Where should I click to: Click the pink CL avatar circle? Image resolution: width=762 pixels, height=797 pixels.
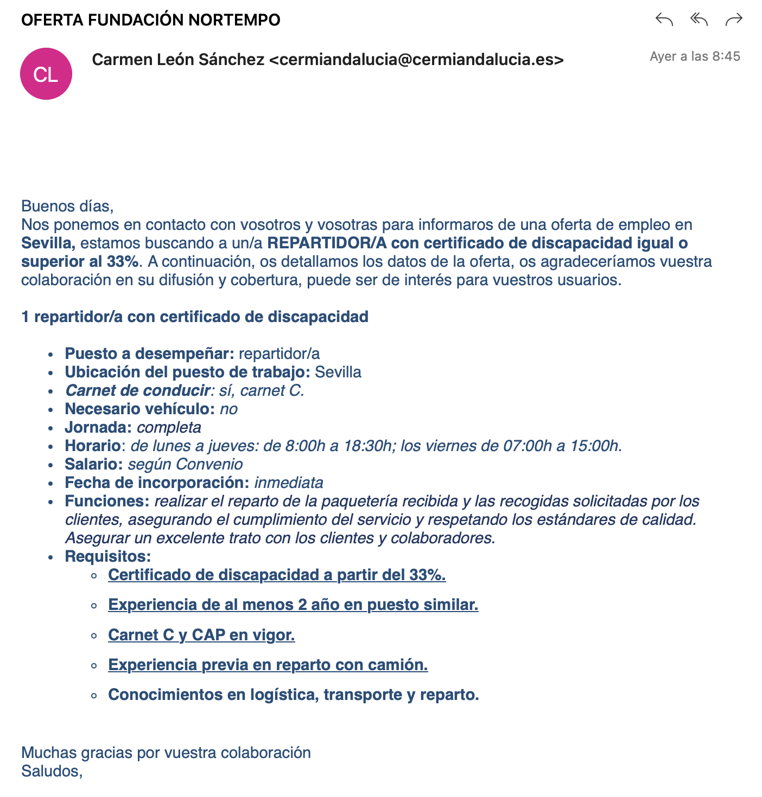point(46,74)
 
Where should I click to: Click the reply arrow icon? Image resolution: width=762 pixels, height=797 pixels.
point(664,20)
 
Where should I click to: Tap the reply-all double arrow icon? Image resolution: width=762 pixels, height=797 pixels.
point(699,20)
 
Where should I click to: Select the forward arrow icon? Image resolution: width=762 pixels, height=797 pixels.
point(734,20)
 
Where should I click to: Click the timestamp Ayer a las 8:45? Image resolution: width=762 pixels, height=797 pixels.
point(695,56)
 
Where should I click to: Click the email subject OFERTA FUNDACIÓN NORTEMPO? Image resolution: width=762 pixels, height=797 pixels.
point(151,20)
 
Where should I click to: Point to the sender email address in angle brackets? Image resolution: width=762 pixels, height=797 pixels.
point(416,60)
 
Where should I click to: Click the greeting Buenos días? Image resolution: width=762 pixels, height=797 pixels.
point(67,206)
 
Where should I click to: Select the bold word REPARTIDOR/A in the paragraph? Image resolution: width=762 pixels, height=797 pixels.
point(327,243)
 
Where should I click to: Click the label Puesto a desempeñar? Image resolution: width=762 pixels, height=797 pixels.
point(149,353)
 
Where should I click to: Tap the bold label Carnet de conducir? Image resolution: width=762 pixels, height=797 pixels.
point(138,390)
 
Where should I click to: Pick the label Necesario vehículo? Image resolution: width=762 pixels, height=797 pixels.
point(139,409)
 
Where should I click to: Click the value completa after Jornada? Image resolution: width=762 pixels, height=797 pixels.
point(169,427)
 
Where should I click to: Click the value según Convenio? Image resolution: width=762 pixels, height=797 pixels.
point(185,464)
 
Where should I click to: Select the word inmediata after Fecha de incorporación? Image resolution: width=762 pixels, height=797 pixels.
point(289,483)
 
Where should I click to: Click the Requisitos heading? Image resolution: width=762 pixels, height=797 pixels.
point(107,556)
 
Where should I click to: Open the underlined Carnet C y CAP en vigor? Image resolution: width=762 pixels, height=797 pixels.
point(201,635)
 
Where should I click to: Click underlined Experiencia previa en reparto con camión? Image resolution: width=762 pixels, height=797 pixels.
point(268,665)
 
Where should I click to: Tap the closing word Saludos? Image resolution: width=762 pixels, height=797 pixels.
point(51,771)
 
